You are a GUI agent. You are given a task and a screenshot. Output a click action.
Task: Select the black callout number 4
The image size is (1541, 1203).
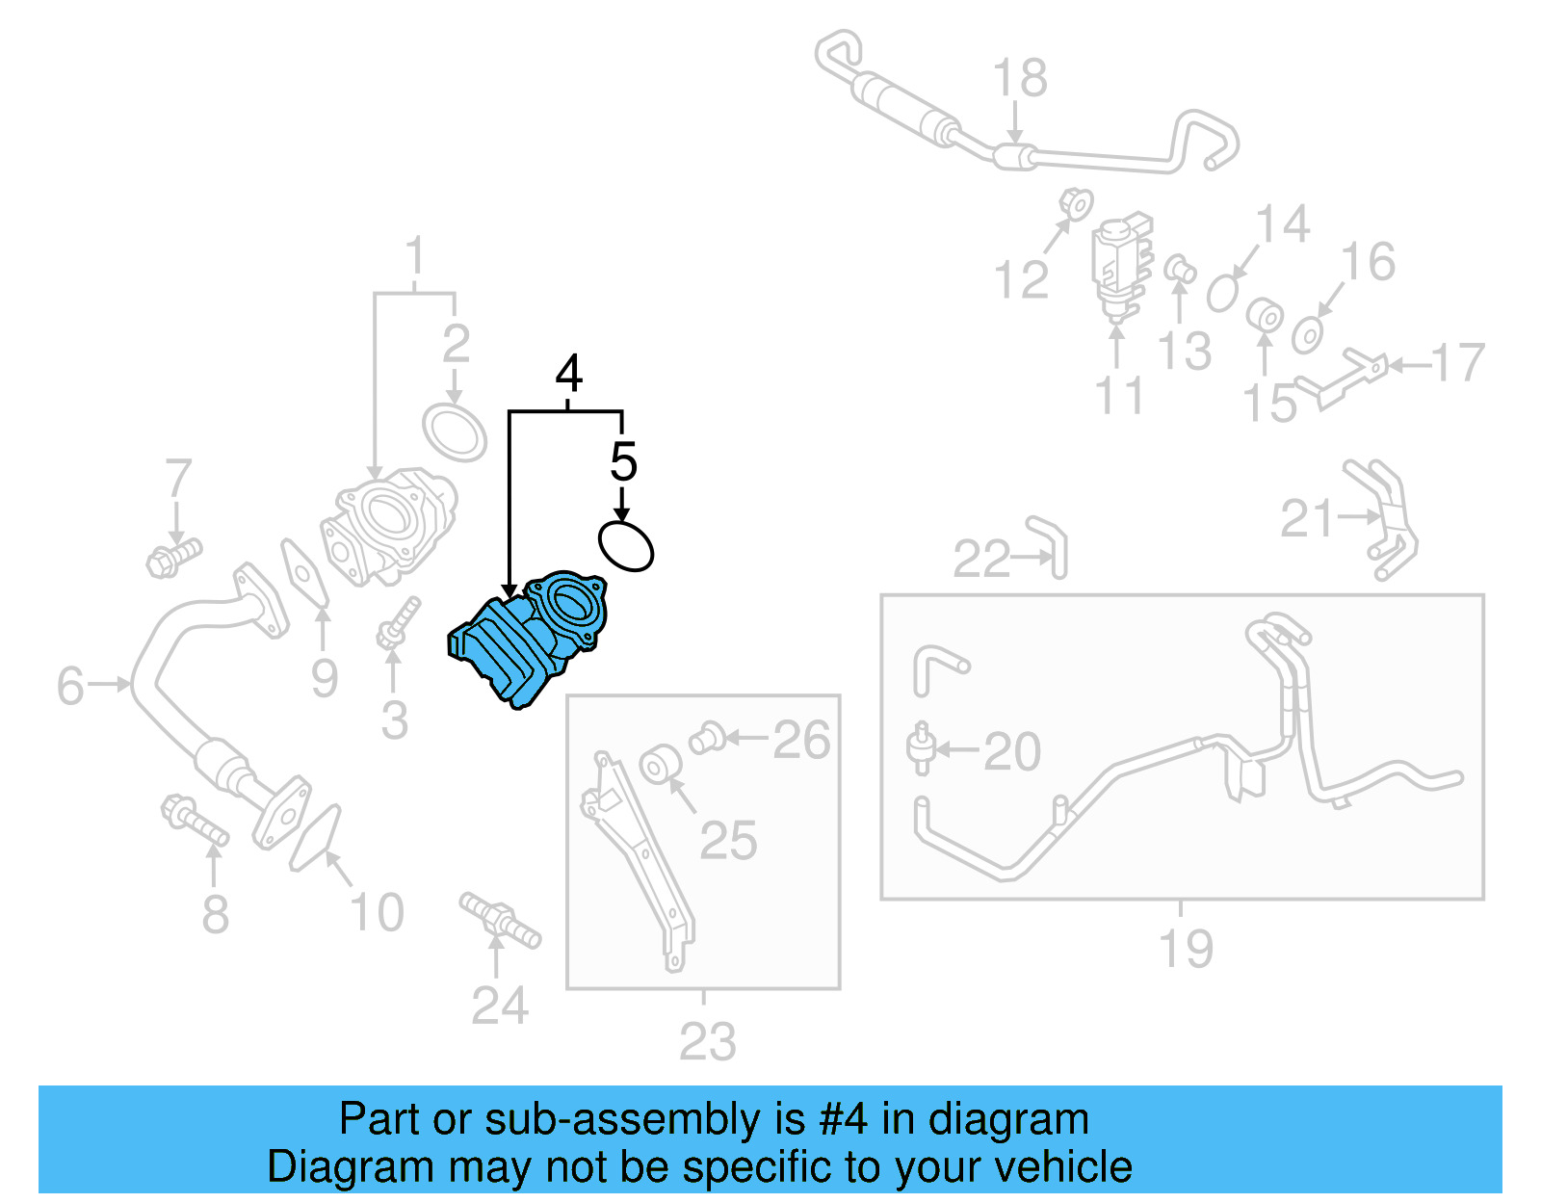click(x=569, y=374)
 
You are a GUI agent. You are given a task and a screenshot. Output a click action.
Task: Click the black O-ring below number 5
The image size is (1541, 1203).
click(x=626, y=546)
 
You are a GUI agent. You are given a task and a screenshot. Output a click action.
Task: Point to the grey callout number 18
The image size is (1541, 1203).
click(x=1020, y=78)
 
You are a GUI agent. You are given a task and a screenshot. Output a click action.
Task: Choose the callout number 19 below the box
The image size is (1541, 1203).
click(x=1186, y=949)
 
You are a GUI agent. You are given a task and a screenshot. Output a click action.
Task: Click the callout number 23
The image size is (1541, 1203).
click(x=708, y=1041)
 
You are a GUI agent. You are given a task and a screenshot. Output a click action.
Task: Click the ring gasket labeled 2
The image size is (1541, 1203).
click(x=455, y=433)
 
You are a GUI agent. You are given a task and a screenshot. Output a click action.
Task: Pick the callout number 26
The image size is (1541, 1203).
click(x=801, y=741)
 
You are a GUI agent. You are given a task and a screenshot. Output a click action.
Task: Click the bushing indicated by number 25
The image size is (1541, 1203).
click(x=660, y=765)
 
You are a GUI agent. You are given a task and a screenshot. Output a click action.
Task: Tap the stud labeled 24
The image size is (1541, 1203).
click(x=500, y=920)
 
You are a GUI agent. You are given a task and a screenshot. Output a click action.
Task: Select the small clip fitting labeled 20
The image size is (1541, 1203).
click(x=921, y=749)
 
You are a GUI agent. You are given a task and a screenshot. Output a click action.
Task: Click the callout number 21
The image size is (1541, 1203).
click(x=1306, y=519)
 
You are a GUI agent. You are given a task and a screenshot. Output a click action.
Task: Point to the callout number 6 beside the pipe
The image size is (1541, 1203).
click(x=70, y=686)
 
